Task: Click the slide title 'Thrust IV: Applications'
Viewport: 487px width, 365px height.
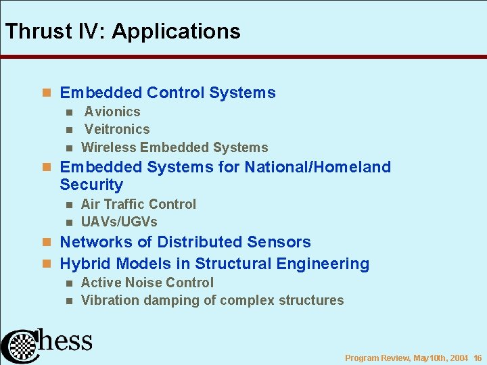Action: point(122,31)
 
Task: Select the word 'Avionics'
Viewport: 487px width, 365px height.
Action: point(112,112)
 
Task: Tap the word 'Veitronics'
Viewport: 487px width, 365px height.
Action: point(117,129)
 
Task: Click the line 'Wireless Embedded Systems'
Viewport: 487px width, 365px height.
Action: point(175,147)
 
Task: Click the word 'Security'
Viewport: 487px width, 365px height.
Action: point(91,185)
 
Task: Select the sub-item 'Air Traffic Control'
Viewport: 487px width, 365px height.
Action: point(139,204)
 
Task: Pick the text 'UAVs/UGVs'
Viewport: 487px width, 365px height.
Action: point(119,222)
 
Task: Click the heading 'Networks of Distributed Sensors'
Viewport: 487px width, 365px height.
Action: point(185,242)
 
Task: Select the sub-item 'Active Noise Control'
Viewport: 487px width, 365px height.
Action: point(147,283)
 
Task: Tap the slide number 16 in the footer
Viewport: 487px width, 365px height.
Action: point(478,358)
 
